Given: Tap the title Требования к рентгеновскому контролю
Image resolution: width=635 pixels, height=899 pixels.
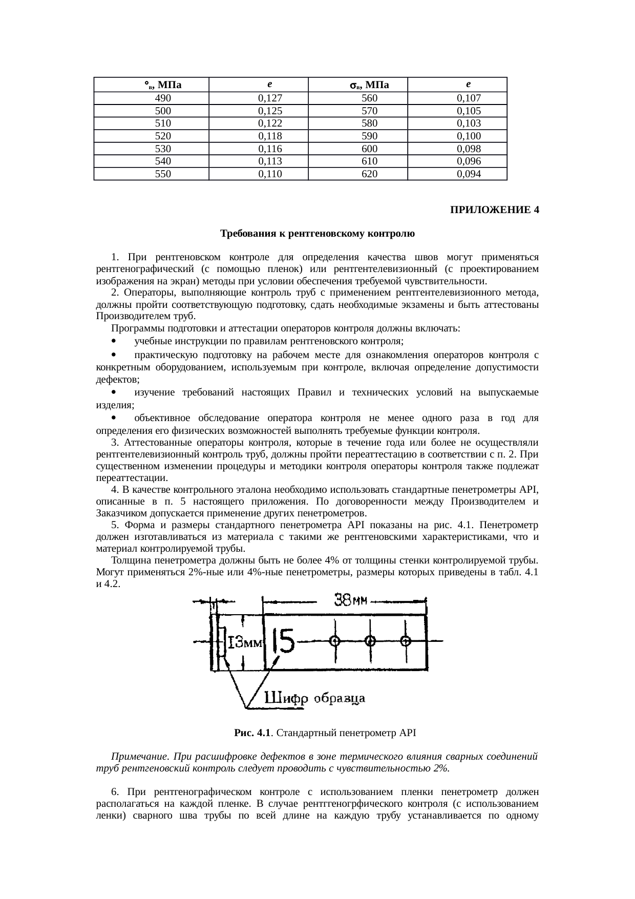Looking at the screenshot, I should pos(317,234).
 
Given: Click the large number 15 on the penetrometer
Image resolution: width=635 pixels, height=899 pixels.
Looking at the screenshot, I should pos(284,641).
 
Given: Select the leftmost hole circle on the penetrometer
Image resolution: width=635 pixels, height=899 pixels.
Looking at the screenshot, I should pos(335,641).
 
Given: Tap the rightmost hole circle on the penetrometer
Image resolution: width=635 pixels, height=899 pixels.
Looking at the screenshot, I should pos(406,641).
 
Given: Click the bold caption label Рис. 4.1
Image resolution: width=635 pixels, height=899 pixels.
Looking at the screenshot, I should pos(251,733).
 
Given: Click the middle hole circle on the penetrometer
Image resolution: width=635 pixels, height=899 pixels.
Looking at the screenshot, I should pos(370,641).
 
